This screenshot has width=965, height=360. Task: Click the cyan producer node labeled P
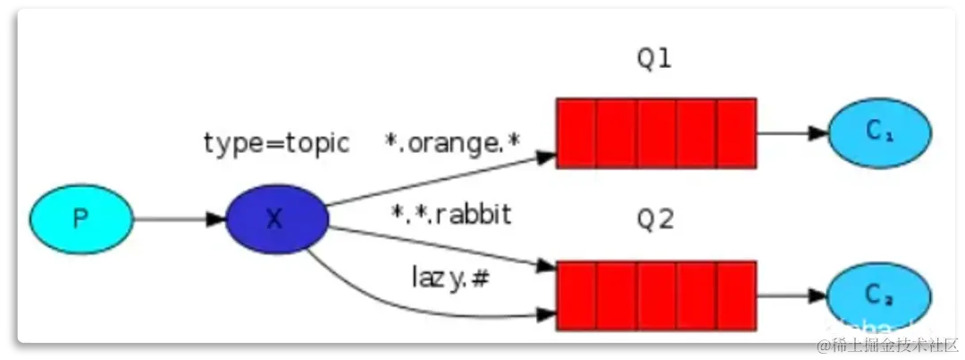81,218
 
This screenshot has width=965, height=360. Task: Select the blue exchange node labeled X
277,218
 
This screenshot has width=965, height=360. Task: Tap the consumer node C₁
880,132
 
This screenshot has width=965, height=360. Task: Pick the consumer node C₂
880,295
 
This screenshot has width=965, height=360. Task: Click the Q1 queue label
654,60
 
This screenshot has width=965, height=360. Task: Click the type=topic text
276,143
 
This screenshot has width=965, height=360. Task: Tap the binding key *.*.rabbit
451,214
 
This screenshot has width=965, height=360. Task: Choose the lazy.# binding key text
451,278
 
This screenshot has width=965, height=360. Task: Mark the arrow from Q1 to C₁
792,133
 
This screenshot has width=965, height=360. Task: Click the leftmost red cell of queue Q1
576,133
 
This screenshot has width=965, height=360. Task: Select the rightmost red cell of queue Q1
736,133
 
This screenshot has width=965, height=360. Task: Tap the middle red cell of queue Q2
657,296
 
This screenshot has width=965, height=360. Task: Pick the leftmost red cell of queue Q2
576,296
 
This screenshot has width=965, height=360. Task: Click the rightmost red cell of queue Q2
736,296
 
